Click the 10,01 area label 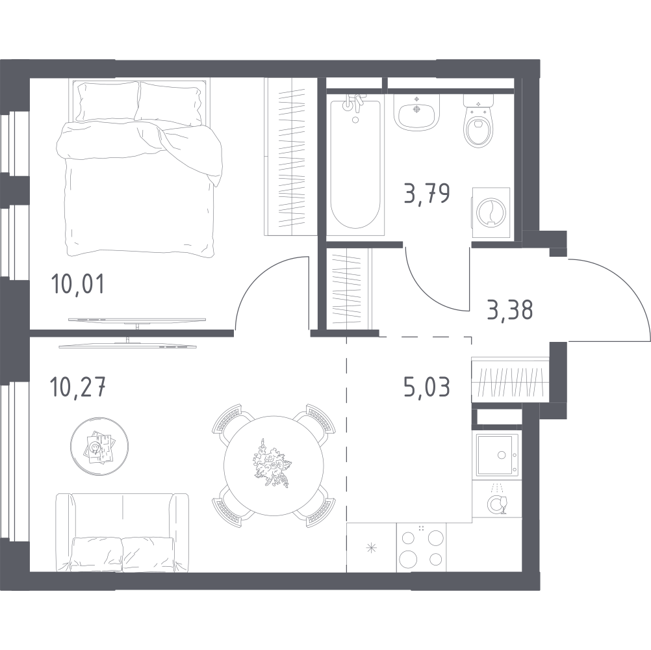click(x=77, y=285)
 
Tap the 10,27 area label click(x=77, y=387)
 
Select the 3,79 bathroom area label click(x=428, y=194)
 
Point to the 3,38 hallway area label click(x=510, y=310)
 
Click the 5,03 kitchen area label click(x=427, y=387)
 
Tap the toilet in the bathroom click(x=479, y=120)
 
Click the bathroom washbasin click(x=417, y=111)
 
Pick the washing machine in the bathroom click(x=491, y=213)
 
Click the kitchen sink click(x=497, y=455)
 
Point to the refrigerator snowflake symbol click(x=371, y=548)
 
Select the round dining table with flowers click(x=274, y=465)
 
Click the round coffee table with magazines click(x=99, y=446)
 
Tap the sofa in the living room click(x=122, y=533)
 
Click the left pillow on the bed click(x=108, y=101)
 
